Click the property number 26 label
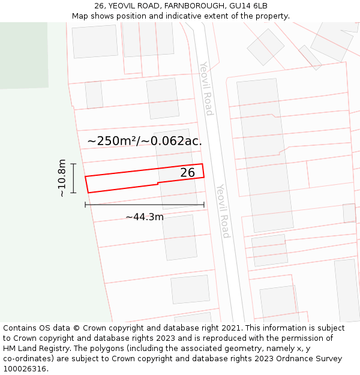click(x=188, y=173)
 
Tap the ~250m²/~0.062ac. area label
click(x=144, y=141)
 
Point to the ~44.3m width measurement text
click(x=144, y=217)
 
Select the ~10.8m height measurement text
click(x=62, y=178)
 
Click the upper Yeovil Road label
click(x=206, y=88)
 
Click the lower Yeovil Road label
click(x=223, y=211)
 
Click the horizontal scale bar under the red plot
click(x=145, y=205)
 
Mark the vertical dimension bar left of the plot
click(x=74, y=178)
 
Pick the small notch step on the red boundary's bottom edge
click(x=158, y=183)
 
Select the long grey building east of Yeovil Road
click(x=265, y=155)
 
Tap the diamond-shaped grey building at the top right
click(x=265, y=47)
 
